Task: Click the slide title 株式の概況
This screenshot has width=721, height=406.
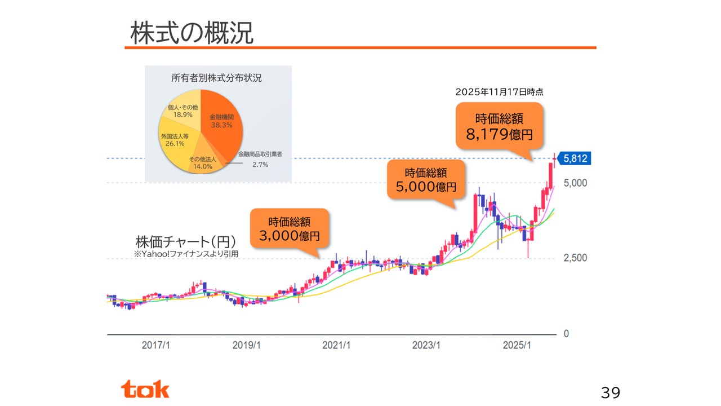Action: pyautogui.click(x=192, y=33)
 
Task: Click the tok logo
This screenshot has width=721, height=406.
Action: pyautogui.click(x=145, y=389)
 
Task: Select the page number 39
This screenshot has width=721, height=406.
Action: pyautogui.click(x=610, y=392)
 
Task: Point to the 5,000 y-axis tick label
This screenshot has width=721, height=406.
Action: pyautogui.click(x=575, y=183)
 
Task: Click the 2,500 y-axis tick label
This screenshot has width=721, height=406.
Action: pyautogui.click(x=575, y=258)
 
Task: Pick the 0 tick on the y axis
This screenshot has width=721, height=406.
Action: pyautogui.click(x=567, y=334)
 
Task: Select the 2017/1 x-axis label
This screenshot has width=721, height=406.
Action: pyautogui.click(x=155, y=345)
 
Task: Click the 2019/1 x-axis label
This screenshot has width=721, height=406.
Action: pyautogui.click(x=247, y=345)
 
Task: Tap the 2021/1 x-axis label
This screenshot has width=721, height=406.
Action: pyautogui.click(x=337, y=345)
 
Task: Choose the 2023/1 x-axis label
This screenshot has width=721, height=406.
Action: pyautogui.click(x=426, y=345)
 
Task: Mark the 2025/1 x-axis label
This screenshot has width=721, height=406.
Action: pyautogui.click(x=517, y=345)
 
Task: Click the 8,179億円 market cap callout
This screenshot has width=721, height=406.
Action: pyautogui.click(x=499, y=126)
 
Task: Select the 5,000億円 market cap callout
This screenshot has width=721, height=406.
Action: pyautogui.click(x=426, y=179)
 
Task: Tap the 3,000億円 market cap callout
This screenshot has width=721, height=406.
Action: pyautogui.click(x=290, y=228)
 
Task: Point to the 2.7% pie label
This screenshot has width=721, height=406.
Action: pyautogui.click(x=260, y=164)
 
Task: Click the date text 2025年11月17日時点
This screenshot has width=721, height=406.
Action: pyautogui.click(x=499, y=91)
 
